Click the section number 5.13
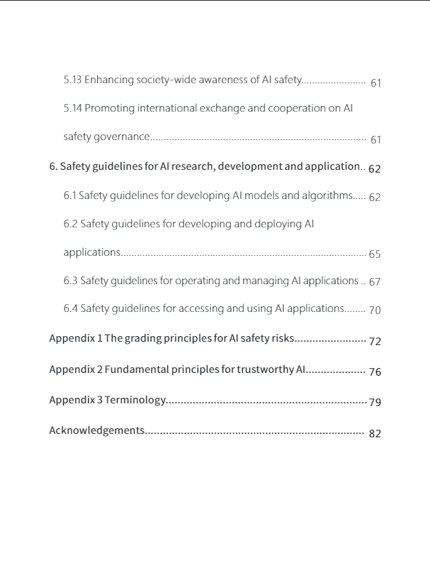coord(73,80)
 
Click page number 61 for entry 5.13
coord(376,83)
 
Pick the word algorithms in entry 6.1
coord(327,195)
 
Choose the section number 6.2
coord(71,224)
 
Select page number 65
coord(375,254)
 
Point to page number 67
coord(375,283)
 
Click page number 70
coord(375,310)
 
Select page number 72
coord(375,342)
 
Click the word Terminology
coord(135,401)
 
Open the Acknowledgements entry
coord(96,430)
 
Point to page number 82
coord(375,434)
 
